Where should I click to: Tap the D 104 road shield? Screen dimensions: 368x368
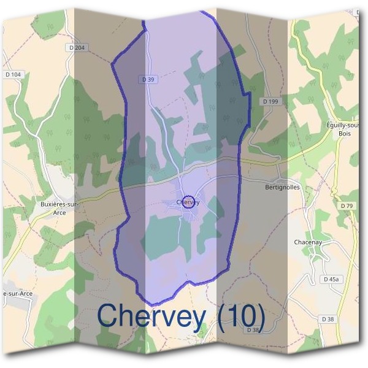13,74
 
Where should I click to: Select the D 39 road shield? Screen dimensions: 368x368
147,79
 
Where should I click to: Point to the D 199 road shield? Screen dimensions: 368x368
270,101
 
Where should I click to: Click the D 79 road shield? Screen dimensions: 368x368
347,205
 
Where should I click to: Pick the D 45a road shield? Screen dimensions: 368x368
331,279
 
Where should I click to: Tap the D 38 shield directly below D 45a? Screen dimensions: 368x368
328,319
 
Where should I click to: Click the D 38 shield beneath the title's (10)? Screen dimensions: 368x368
253,330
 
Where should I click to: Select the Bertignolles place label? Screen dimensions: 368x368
283,188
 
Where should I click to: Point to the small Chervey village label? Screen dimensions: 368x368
188,202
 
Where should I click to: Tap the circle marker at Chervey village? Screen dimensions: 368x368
189,202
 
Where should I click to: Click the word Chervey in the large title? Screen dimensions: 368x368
151,316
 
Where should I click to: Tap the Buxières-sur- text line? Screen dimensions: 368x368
59,204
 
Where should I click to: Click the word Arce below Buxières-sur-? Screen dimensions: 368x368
59,212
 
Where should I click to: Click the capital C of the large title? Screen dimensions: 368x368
109,316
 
